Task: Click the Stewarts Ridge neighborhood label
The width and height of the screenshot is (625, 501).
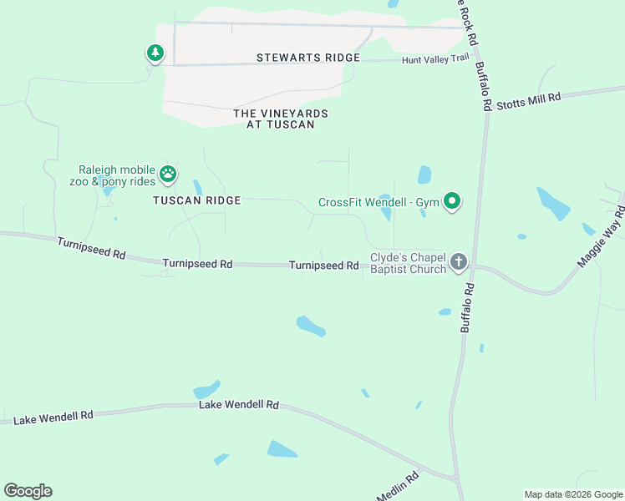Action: click(x=308, y=58)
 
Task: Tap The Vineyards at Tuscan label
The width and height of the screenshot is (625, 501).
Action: click(x=281, y=119)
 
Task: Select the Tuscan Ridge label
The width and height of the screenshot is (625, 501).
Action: click(x=196, y=200)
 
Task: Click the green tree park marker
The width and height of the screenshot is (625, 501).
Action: click(x=155, y=53)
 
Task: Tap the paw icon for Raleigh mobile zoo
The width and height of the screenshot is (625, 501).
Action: click(x=168, y=174)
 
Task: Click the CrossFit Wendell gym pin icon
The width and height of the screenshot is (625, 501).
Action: click(x=452, y=201)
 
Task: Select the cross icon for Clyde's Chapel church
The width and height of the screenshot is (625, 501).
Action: click(x=458, y=262)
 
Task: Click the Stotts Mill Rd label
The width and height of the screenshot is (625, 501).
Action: click(x=528, y=102)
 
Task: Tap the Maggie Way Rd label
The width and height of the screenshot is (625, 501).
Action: click(x=601, y=240)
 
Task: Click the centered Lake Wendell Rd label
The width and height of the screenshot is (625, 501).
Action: click(x=238, y=404)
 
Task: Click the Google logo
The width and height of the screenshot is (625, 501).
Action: click(x=28, y=491)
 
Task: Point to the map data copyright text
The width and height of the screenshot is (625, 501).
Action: click(x=573, y=494)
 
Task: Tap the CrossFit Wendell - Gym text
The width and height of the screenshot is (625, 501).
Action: click(x=378, y=202)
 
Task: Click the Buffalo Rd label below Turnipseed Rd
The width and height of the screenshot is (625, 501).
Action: click(x=468, y=308)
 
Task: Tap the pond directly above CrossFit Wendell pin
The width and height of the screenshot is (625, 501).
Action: click(x=424, y=175)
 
